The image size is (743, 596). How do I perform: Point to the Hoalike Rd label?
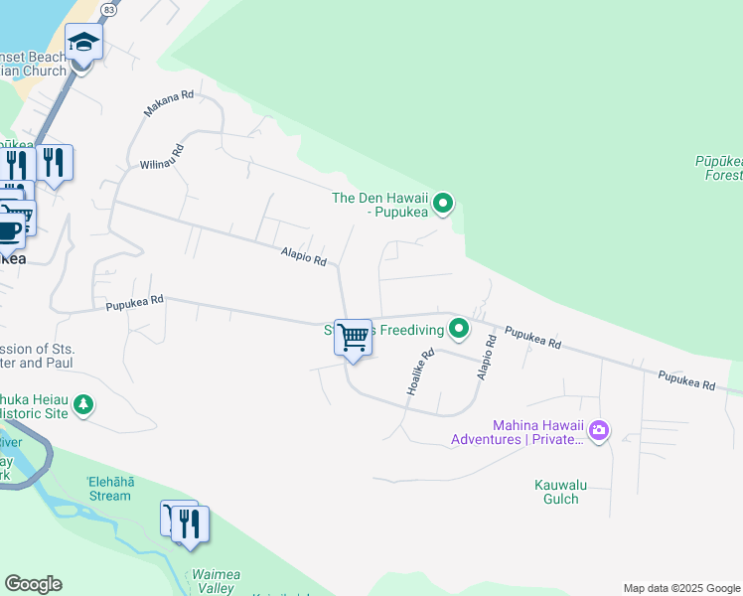pos(421,372)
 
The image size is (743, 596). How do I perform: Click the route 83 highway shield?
pos(108,8)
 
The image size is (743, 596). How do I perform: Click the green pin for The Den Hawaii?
pos(444,206)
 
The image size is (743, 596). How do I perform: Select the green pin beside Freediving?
pos(458,327)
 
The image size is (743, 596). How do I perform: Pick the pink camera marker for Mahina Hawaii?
pos(599,430)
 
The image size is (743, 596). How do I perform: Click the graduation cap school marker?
pos(83,43)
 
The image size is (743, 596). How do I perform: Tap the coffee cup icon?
pos(8,230)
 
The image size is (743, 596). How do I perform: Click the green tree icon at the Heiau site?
pos(84,405)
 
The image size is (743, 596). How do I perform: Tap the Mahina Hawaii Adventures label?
pos(518,431)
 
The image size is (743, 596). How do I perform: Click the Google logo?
pos(33,584)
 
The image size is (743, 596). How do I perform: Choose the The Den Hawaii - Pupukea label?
pos(379,204)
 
